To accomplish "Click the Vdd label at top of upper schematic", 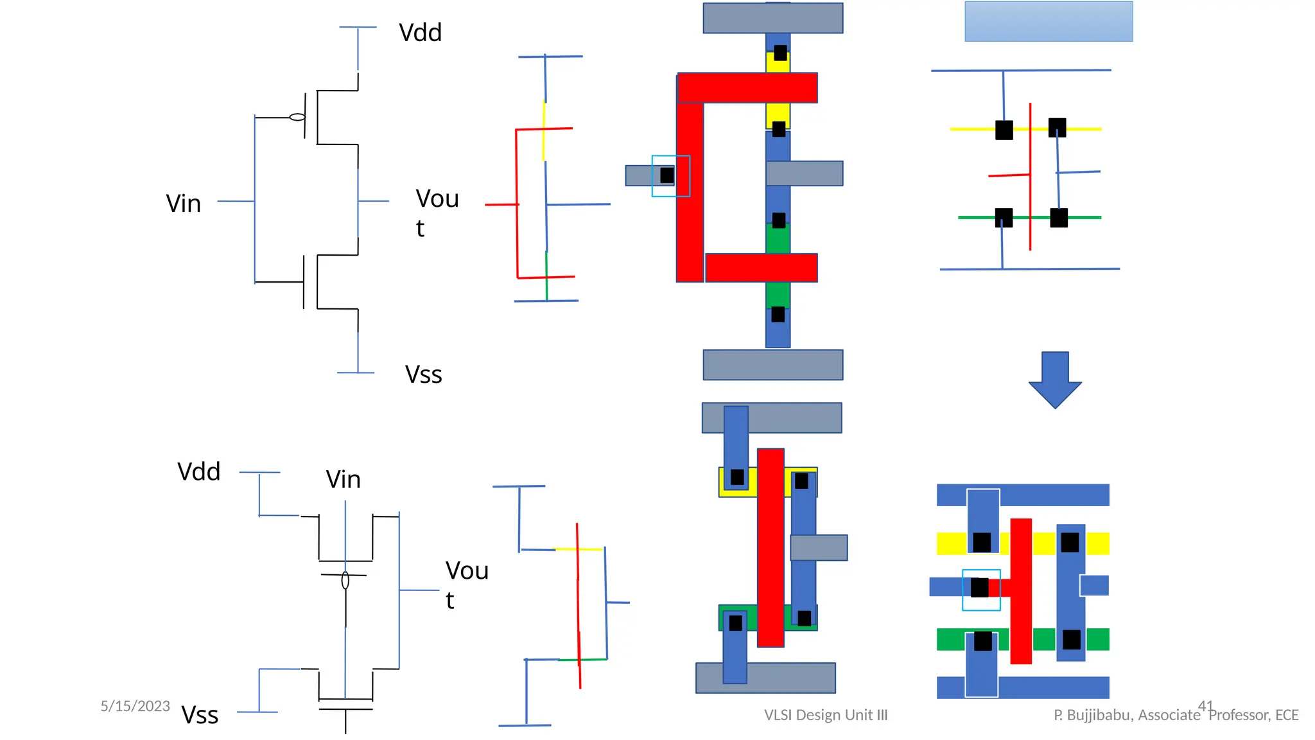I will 420,33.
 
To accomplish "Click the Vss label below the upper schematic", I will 423,374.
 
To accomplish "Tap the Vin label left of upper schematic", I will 184,204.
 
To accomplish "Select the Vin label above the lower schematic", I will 343,479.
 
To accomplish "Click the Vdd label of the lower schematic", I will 199,471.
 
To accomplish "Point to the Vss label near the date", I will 200,715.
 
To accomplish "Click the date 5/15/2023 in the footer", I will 135,706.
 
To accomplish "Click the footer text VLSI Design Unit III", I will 826,715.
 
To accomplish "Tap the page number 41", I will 1205,706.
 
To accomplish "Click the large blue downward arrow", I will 1055,379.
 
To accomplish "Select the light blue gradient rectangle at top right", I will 1049,21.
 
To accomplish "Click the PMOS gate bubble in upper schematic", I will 297,117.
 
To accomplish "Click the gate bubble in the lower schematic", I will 345,581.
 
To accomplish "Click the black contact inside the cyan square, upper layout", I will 667,175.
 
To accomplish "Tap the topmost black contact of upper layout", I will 780,53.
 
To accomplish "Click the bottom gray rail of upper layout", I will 772,365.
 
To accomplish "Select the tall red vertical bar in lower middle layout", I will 771,547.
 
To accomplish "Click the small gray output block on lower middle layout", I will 819,548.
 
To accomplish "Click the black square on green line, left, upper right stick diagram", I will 1004,218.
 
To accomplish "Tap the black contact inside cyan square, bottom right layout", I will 980,588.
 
